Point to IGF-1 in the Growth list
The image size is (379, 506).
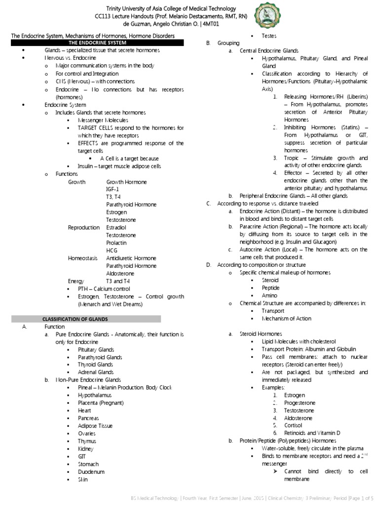pos(113,189)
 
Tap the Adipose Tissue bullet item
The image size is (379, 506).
pos(95,425)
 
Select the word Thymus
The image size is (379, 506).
pos(87,441)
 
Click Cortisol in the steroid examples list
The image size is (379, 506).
pos(293,425)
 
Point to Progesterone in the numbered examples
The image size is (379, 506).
pos(300,403)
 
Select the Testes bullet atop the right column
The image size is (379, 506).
pos(269,36)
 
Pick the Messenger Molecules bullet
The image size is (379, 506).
pos(103,120)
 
